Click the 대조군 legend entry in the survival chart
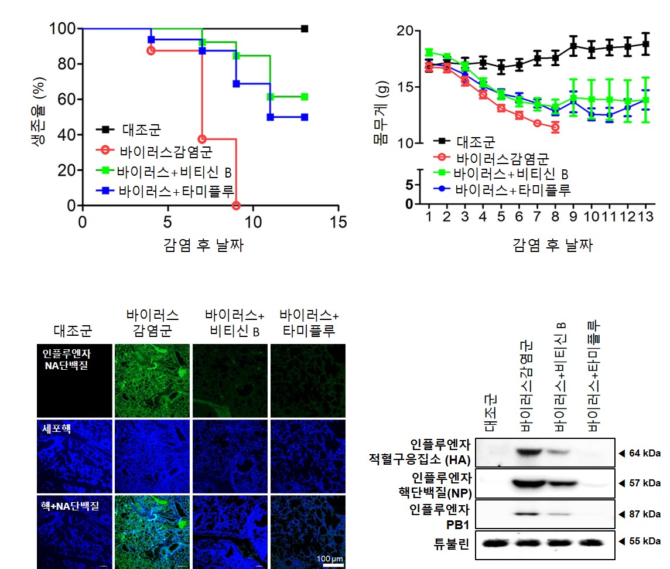pos(141,129)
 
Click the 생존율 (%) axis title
pos(40,117)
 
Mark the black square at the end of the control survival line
pos(305,29)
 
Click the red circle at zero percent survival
pos(236,206)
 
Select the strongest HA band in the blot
pos(530,452)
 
